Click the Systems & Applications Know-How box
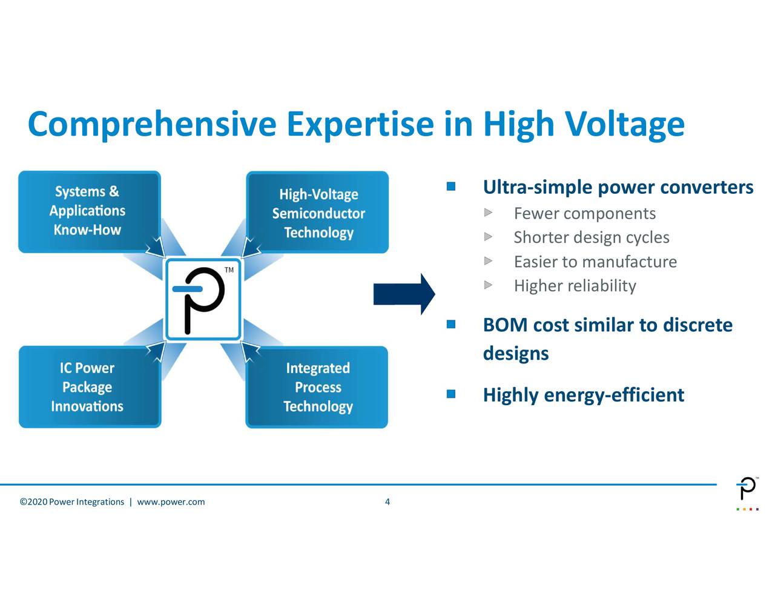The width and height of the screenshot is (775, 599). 89,211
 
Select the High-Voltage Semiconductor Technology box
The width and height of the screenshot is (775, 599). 317,213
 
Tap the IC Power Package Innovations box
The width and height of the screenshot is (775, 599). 89,387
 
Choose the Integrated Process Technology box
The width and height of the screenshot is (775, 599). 317,387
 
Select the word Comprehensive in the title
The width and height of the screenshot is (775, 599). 152,124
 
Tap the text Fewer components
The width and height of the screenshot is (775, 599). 584,214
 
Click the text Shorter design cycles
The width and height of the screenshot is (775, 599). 591,237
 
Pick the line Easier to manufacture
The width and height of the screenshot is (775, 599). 595,262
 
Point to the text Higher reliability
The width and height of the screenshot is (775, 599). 575,286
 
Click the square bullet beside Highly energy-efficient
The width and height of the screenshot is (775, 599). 451,395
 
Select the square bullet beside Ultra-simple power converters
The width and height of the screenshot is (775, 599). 451,187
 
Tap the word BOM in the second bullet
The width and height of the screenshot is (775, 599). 505,325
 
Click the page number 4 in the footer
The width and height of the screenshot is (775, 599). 387,501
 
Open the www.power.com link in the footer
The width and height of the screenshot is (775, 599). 171,502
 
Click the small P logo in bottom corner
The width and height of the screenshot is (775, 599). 747,489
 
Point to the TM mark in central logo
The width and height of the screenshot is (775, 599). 229,270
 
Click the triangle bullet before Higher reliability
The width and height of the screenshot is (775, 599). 488,285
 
